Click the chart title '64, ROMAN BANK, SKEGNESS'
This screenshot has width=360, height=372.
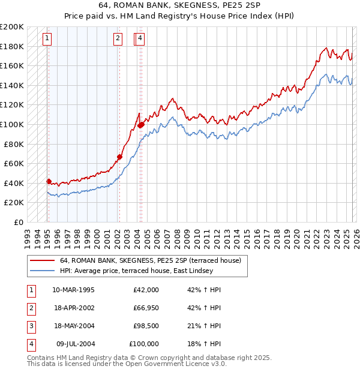click(180, 5)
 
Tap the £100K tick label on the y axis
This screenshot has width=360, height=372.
click(11, 124)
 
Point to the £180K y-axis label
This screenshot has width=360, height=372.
click(11, 46)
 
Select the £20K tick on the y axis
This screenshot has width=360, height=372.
click(14, 203)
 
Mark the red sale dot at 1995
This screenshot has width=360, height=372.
click(49, 181)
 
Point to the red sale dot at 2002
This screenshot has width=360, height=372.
click(119, 157)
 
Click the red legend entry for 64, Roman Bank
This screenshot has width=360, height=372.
click(150, 260)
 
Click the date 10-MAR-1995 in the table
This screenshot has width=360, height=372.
click(73, 290)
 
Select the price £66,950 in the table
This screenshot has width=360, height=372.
click(146, 308)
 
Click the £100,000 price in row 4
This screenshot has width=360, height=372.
click(144, 344)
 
